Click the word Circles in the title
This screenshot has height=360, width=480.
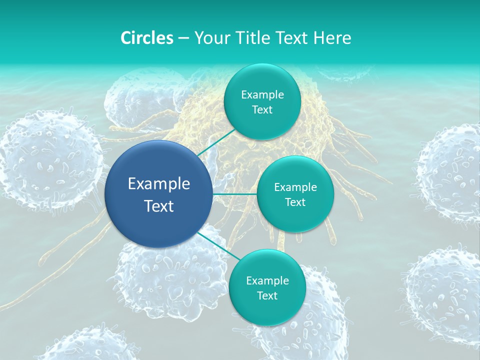146,38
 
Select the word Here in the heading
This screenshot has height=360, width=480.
332,38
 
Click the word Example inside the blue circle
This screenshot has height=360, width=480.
158,184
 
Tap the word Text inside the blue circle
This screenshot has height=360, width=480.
158,206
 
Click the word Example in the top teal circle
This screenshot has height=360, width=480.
262,95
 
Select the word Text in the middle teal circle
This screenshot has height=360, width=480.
295,202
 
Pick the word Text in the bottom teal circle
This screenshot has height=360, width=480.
267,296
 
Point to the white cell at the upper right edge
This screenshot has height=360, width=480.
450,170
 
